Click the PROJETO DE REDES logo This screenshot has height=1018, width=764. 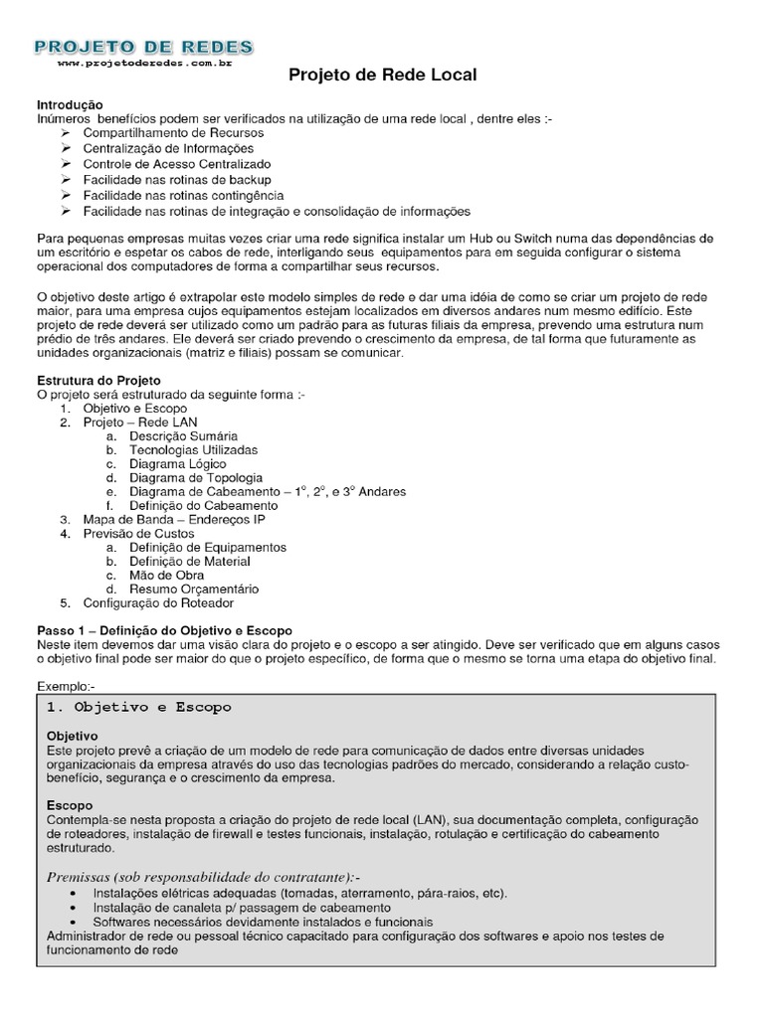coord(143,46)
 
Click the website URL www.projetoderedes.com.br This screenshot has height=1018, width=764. coord(143,63)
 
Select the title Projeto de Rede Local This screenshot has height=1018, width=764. coord(383,75)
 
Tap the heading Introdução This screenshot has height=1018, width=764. coord(70,104)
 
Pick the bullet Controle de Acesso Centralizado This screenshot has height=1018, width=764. coord(176,164)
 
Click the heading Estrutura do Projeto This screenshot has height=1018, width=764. coord(98,380)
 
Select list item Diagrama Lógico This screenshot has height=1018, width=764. coord(177,463)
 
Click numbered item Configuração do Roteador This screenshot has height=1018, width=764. coord(158,602)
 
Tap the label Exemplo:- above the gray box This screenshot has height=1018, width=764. coord(65,686)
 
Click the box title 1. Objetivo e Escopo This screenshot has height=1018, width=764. coord(139,707)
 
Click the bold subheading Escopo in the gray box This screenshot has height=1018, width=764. coord(69,804)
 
